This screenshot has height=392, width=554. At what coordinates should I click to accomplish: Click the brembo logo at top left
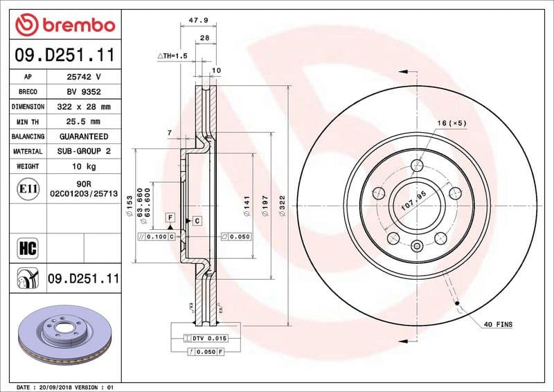[x=64, y=25]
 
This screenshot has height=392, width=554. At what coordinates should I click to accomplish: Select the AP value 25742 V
[x=83, y=76]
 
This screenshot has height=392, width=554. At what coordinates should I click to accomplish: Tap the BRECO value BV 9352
[x=83, y=91]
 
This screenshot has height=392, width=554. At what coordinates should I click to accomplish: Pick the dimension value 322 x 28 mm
[x=83, y=107]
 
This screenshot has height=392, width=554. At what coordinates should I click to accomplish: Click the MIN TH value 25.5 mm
[x=83, y=122]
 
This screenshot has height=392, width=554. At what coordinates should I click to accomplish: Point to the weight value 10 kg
[x=83, y=166]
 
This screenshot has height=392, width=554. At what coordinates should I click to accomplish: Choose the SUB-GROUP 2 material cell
[x=83, y=151]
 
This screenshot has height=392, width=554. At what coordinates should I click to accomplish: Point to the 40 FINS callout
[x=498, y=324]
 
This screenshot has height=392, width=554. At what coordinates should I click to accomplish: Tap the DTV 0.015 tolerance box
[x=205, y=337]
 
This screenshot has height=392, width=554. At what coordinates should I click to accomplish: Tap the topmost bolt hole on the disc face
[x=417, y=166]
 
